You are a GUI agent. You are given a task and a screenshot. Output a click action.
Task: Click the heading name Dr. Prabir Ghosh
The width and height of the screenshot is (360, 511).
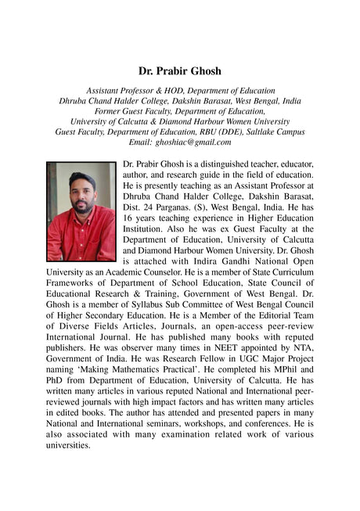pyautogui.click(x=179, y=71)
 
